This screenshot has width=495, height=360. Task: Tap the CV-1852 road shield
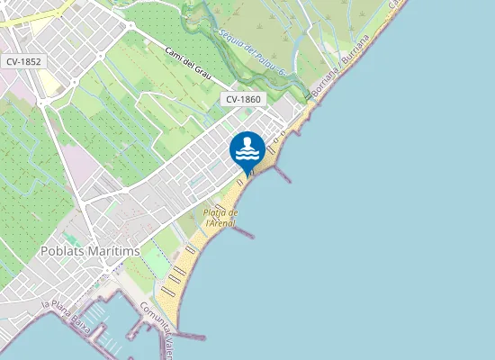click(x=23, y=62)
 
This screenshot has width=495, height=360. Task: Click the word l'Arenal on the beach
click(x=220, y=222)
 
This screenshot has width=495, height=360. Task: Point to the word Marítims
click(x=115, y=251)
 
